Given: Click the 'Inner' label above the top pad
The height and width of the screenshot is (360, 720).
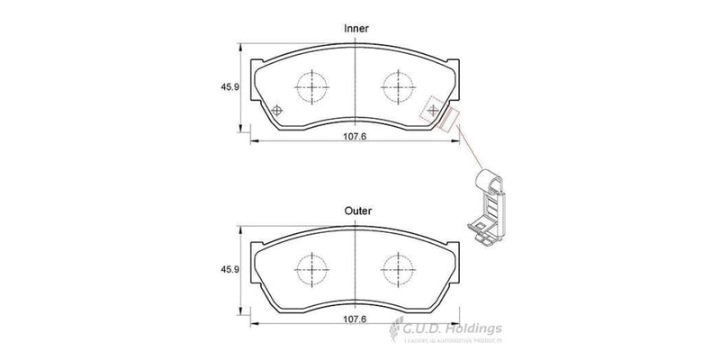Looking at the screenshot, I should point(357,29).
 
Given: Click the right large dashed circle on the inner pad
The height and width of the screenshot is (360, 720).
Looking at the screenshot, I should point(399,87).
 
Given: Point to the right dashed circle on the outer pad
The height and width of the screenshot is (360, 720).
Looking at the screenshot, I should point(399,267).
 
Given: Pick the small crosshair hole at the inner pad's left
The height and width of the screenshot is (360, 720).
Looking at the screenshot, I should point(276,111).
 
